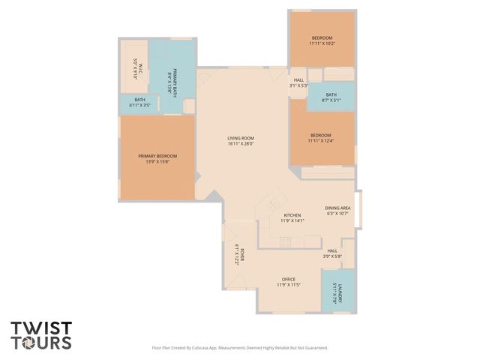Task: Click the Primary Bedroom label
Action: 157,156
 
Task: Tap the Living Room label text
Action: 241,138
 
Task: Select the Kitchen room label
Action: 292,214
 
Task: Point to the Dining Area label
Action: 337,208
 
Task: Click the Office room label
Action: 289,279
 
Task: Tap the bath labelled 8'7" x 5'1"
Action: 331,94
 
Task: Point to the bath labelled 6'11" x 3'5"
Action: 140,100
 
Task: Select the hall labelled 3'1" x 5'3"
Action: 298,80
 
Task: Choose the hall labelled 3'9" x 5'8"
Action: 332,251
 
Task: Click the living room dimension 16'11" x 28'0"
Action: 241,144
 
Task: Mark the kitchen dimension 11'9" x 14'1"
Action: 292,220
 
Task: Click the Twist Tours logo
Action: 41,335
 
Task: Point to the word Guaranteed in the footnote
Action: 313,348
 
